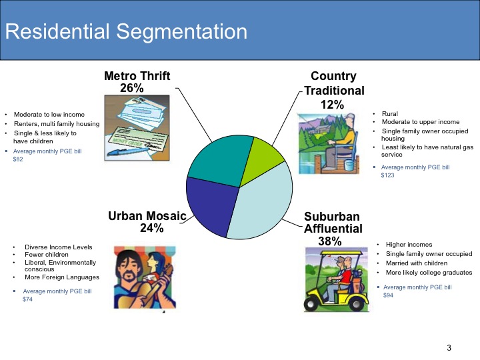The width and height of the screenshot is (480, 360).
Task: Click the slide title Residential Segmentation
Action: point(126,32)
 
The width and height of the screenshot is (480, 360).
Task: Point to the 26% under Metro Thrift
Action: point(132,88)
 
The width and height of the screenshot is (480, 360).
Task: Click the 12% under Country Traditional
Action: point(332,105)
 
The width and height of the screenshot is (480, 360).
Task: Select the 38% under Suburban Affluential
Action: point(330,241)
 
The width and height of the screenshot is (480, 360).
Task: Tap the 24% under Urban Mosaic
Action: point(151,228)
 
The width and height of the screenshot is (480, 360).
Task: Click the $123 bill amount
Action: point(387,175)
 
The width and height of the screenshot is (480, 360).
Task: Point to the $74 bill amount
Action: point(27,299)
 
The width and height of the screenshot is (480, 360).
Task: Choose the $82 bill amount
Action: point(18,159)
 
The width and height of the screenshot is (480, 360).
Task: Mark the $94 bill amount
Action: point(388,295)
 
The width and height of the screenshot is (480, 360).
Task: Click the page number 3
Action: point(449,348)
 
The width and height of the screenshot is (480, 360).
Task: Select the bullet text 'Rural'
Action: point(390,114)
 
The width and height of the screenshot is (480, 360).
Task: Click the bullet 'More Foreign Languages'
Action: point(62,277)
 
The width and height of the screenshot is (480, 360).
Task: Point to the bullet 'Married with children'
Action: point(417,263)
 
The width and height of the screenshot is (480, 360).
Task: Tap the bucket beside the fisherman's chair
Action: point(349,165)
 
